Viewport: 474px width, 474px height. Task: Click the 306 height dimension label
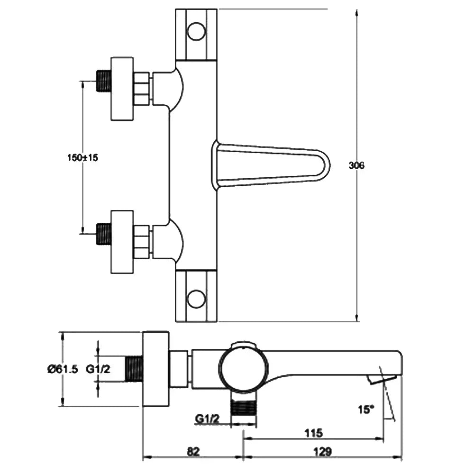click(356, 165)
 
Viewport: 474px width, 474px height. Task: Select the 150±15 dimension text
click(82, 158)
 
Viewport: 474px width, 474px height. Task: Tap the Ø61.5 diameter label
click(62, 369)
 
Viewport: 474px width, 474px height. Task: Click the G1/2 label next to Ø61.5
click(98, 369)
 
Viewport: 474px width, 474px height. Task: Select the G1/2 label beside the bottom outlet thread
click(207, 419)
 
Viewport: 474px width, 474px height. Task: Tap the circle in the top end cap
click(196, 32)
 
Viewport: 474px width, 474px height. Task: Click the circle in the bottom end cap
click(196, 299)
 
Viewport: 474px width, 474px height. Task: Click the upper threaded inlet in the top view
click(103, 81)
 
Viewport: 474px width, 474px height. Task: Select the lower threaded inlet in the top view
click(103, 234)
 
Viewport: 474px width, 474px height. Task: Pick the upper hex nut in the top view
click(142, 88)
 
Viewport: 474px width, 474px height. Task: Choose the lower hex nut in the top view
click(142, 242)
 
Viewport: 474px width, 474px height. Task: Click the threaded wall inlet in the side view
click(134, 369)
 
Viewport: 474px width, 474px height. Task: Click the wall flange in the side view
click(155, 369)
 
